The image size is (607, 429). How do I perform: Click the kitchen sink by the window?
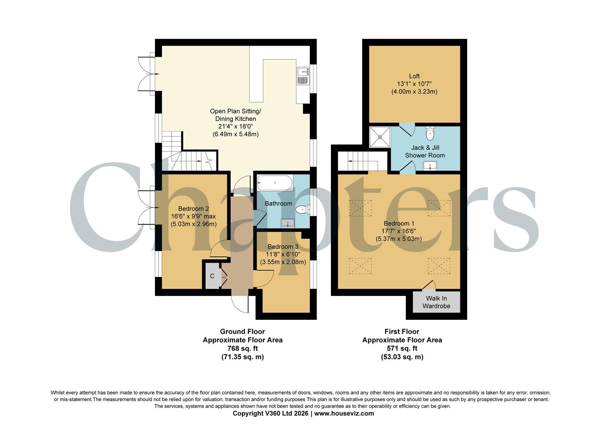point(303,76)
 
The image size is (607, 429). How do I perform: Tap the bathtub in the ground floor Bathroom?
point(275,184)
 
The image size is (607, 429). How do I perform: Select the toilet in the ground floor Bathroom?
point(303,209)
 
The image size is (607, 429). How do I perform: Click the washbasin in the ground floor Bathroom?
point(288,223)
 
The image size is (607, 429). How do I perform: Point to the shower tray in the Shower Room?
point(380,137)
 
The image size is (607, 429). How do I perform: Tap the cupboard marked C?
point(212,276)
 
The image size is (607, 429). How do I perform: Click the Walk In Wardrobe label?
point(436,302)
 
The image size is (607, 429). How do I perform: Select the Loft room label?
point(414,76)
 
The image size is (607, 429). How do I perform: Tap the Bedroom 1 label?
point(398,223)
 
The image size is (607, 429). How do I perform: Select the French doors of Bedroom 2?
point(145,208)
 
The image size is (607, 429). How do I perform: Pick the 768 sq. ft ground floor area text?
point(242,348)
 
